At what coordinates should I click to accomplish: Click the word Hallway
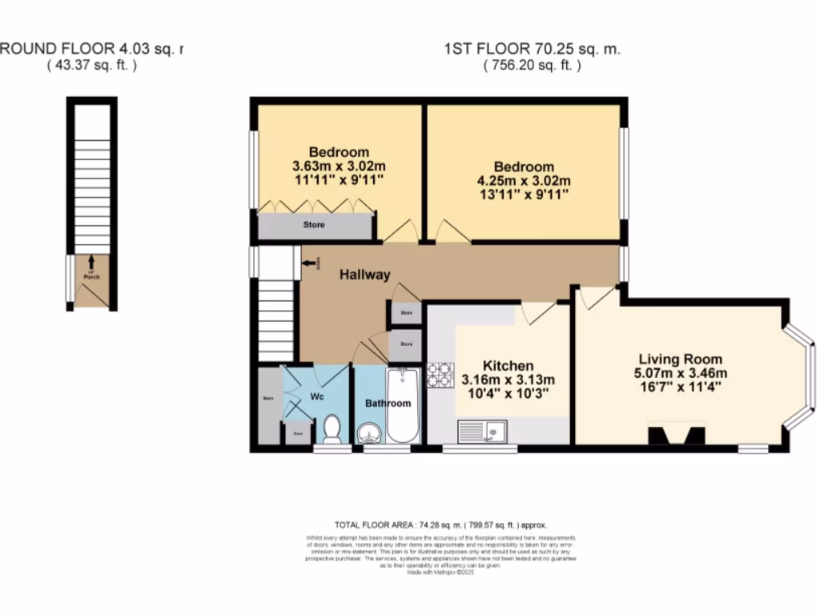(x=364, y=275)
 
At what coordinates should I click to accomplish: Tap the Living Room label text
(x=680, y=360)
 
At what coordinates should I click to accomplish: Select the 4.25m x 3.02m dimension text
(x=525, y=181)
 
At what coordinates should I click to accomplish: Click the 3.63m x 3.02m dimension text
(x=339, y=167)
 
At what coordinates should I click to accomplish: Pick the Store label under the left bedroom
(x=314, y=225)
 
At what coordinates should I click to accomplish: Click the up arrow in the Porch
(x=91, y=262)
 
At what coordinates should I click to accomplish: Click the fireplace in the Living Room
(x=677, y=435)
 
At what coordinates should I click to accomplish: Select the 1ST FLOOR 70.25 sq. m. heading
(x=532, y=50)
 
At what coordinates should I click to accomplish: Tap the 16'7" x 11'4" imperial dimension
(x=680, y=387)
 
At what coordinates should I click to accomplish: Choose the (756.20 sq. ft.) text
(x=532, y=66)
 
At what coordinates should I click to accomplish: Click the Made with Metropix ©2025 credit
(x=440, y=572)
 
